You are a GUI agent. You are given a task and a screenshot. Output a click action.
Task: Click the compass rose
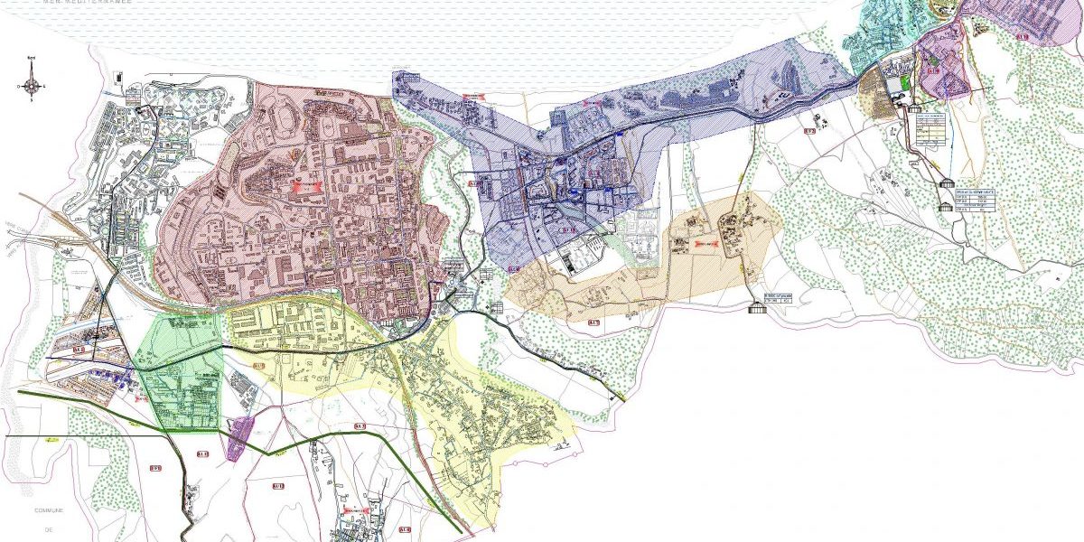pyautogui.click(x=32, y=87)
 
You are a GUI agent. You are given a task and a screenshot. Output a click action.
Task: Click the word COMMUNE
pyautogui.click(x=47, y=510)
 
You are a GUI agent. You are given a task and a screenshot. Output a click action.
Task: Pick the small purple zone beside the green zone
pyautogui.click(x=239, y=438)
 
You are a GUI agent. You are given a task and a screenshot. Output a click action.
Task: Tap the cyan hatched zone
pyautogui.click(x=881, y=32)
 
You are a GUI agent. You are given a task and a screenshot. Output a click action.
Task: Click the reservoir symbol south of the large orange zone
pyautogui.click(x=757, y=308)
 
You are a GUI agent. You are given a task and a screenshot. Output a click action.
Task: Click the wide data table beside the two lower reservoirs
pyautogui.click(x=977, y=199)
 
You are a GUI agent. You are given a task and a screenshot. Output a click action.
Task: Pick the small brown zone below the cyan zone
pyautogui.click(x=874, y=90)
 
